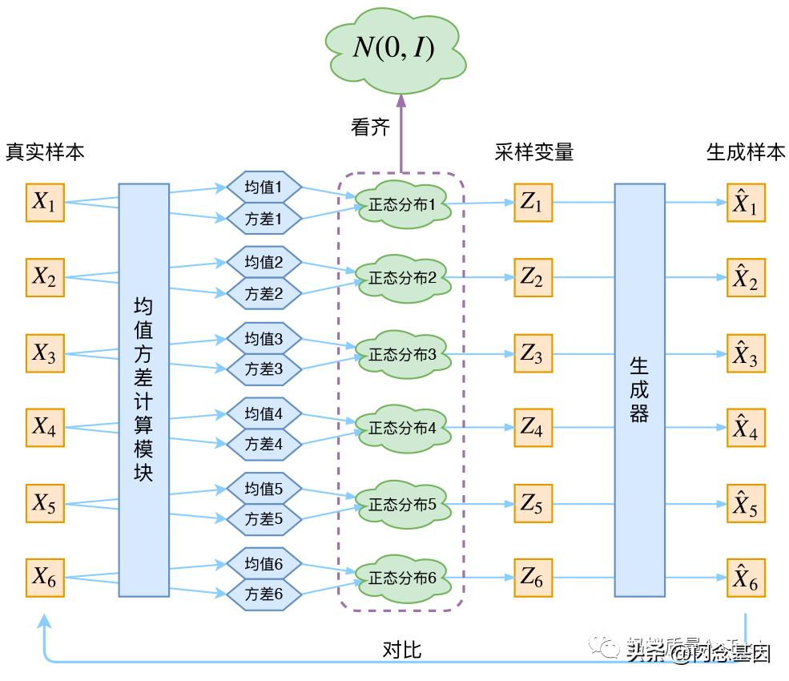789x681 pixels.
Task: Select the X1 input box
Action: pyautogui.click(x=45, y=203)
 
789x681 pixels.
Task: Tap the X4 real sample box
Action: pyautogui.click(x=45, y=428)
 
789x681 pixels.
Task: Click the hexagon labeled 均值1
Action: pyautogui.click(x=264, y=187)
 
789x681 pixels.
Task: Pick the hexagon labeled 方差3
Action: pyautogui.click(x=264, y=369)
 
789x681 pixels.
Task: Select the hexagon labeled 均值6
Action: pyautogui.click(x=264, y=563)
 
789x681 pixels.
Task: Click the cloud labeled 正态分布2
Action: pyautogui.click(x=402, y=278)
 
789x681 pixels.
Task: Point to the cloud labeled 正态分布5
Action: pyautogui.click(x=402, y=504)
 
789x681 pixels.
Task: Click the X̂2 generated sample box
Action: pyautogui.click(x=746, y=278)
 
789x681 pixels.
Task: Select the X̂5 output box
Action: pyautogui.click(x=746, y=504)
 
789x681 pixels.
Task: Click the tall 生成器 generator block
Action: pyautogui.click(x=639, y=390)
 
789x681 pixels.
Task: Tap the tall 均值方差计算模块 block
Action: pyautogui.click(x=144, y=390)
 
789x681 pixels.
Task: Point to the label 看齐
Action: pyautogui.click(x=370, y=127)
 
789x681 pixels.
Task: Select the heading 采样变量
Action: pyautogui.click(x=534, y=152)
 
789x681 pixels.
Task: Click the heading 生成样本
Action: pyautogui.click(x=746, y=152)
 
